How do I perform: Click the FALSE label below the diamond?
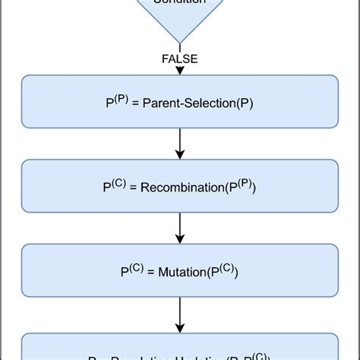point(179,58)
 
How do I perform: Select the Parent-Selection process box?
point(179,101)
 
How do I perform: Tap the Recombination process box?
point(179,185)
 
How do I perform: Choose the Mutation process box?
point(179,270)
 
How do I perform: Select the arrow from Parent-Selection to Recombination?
point(179,143)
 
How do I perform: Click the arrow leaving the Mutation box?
point(179,311)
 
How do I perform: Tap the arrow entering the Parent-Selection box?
point(179,69)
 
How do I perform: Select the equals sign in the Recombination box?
point(134,188)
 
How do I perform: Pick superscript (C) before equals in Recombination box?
point(118,182)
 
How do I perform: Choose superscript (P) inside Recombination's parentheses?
point(244,182)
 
